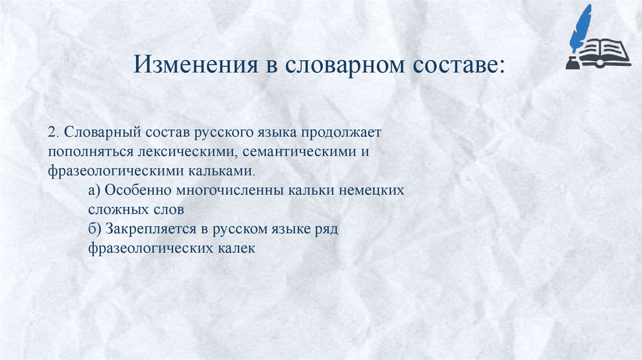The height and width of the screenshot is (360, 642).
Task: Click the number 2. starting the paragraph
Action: click(53, 134)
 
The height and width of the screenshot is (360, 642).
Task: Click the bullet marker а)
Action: click(95, 189)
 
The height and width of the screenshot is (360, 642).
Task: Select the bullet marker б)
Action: click(95, 228)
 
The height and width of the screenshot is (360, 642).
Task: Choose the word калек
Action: click(235, 248)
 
